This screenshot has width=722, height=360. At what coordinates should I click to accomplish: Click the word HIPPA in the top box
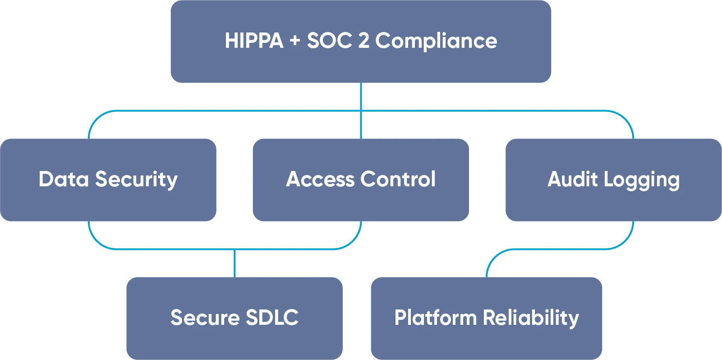coord(254,41)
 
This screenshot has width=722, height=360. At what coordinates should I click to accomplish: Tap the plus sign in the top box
coord(295,41)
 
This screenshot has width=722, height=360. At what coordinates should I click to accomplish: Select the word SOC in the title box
coord(329,41)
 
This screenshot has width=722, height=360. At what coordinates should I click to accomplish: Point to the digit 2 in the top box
coord(363,41)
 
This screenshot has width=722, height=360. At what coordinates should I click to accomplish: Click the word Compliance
coord(436,41)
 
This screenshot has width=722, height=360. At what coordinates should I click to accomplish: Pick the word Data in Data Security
coord(64,179)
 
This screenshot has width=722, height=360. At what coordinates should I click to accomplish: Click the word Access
coord(320,179)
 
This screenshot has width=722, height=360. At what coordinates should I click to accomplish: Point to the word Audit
coord(572,179)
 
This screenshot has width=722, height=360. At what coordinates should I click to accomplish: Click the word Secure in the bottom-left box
coord(205,318)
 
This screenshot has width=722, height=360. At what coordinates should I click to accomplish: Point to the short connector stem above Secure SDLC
coord(235,263)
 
